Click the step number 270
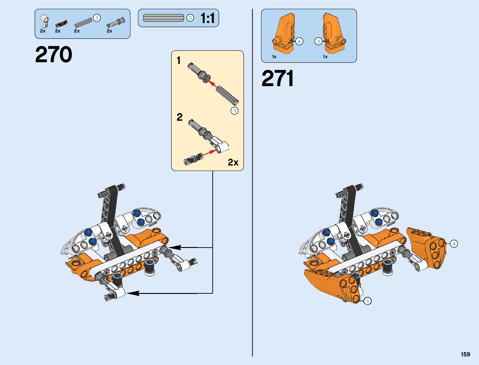pos(54,55)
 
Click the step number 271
pos(277,78)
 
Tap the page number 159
pos(465,354)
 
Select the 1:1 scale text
pos(208,18)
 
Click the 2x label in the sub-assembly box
pos(233,162)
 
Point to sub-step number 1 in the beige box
pos(179,60)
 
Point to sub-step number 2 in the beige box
pos(179,117)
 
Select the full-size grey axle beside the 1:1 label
pos(163,18)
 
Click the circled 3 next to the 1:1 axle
pos(190,18)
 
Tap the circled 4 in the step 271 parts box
pos(299,41)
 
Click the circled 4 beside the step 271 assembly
pos(454,244)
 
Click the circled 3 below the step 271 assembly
pos(367,301)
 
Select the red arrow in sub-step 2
pos(209,152)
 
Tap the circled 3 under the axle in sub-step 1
pos(234,111)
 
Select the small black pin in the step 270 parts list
pos(61,24)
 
